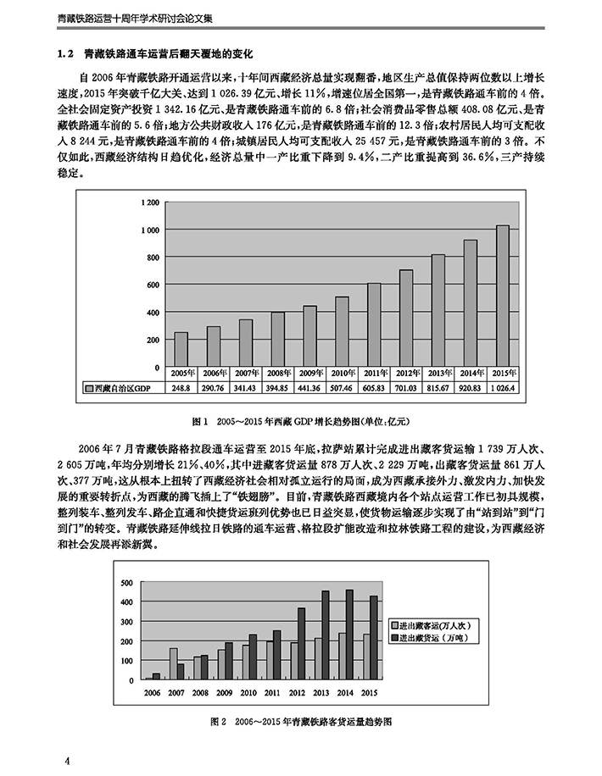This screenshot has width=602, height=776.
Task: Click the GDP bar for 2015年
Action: (x=502, y=296)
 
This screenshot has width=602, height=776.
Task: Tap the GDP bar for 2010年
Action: (x=342, y=331)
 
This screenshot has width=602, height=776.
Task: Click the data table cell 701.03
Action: (x=405, y=388)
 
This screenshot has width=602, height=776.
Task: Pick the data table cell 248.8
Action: (x=181, y=388)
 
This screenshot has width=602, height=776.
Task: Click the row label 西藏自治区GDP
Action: (x=120, y=388)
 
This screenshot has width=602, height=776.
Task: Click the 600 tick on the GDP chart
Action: (x=152, y=285)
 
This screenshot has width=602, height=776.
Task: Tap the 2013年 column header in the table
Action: (x=438, y=374)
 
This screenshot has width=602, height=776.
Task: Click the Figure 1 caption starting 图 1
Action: (x=302, y=420)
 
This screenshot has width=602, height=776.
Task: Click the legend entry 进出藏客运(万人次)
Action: (x=435, y=625)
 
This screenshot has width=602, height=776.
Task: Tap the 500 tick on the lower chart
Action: (x=126, y=583)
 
